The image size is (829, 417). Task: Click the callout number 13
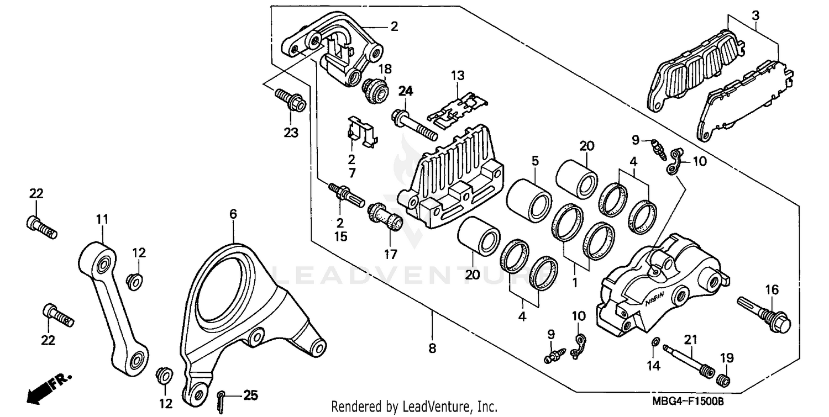click(x=458, y=75)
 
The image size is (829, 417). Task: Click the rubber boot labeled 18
click(x=375, y=92)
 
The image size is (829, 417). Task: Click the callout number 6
click(x=233, y=214)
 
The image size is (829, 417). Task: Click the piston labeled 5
click(x=529, y=199)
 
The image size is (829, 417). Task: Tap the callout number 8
click(x=432, y=349)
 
